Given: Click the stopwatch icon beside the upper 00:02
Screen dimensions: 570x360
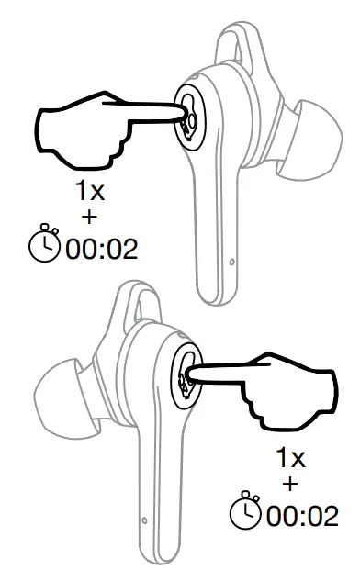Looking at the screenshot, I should pos(43,244).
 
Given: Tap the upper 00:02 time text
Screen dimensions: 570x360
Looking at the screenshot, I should pos(99,247).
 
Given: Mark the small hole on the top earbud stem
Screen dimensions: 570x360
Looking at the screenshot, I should pos(231,263).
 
